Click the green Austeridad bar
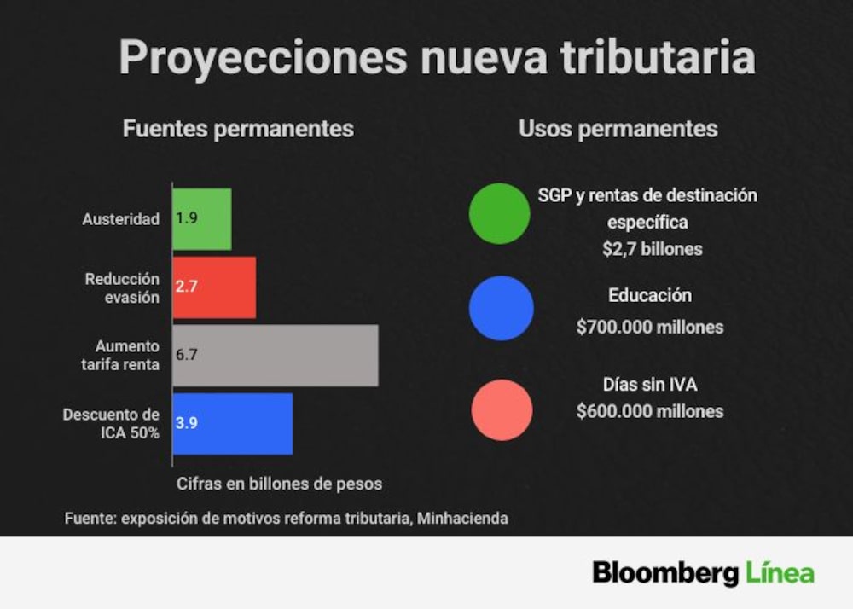202,219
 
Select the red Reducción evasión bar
214,287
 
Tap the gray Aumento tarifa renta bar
276,356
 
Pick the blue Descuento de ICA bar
232,424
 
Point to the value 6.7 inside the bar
187,355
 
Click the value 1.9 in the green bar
187,218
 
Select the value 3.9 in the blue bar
187,423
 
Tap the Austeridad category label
121,219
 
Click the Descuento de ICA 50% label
111,424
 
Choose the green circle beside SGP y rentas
499,213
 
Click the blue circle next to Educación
501,308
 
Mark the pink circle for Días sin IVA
502,410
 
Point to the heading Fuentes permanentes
238,130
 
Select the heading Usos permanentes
618,130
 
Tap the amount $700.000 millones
650,328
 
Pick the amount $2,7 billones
653,249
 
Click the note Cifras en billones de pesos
279,484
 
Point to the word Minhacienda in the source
462,519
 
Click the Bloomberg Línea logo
704,573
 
